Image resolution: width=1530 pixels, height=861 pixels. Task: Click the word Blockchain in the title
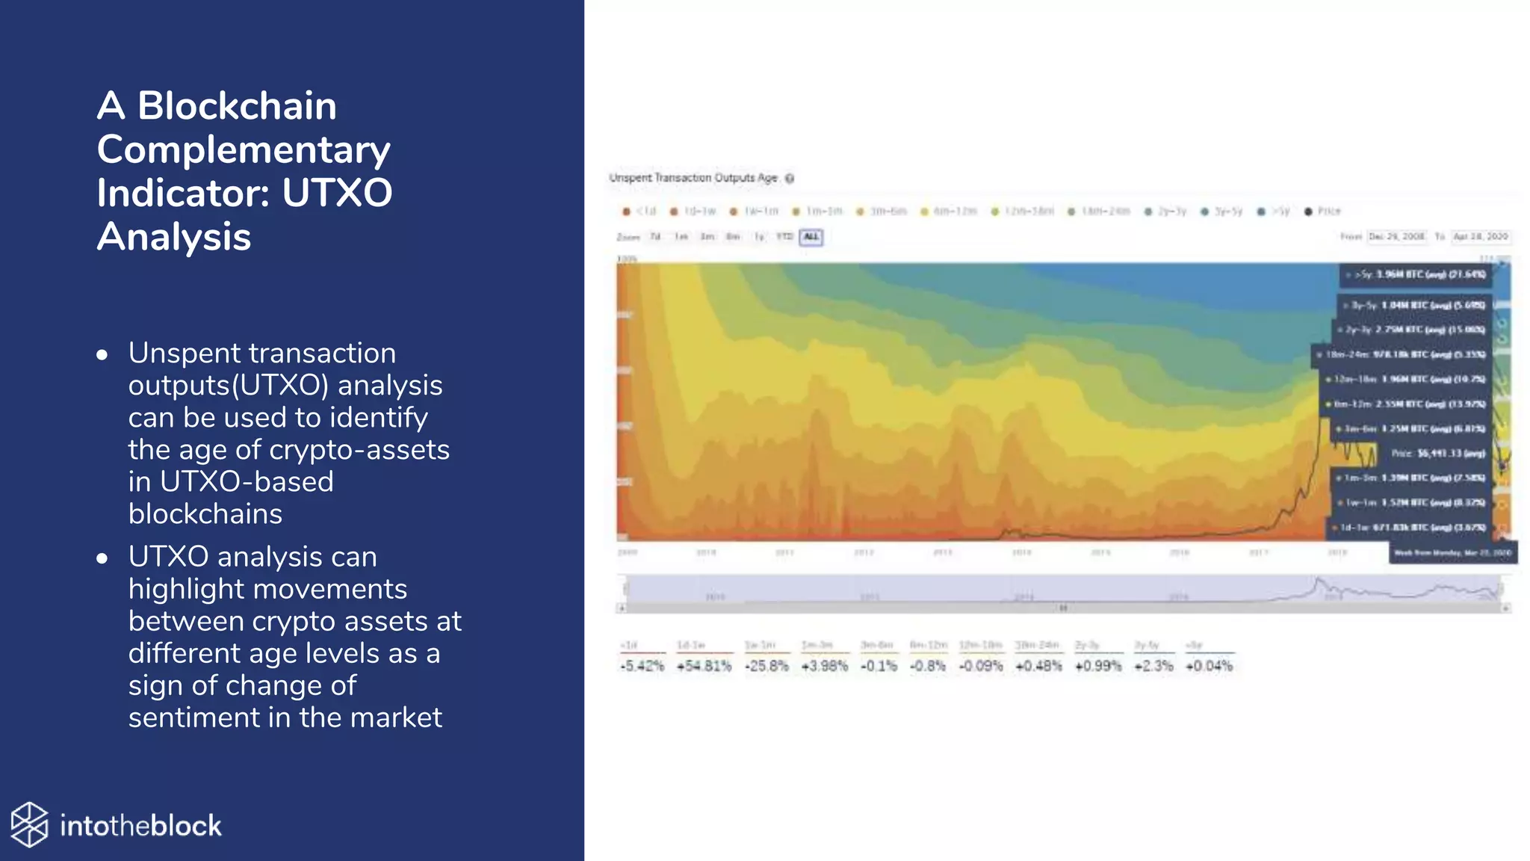pos(237,105)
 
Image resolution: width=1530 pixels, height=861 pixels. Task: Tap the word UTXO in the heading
pos(337,193)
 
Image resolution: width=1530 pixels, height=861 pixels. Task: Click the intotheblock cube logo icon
pos(30,824)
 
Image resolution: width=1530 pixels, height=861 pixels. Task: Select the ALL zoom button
pos(811,237)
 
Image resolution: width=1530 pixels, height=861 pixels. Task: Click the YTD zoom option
pos(784,237)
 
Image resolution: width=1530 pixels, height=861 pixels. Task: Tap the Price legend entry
pos(1323,212)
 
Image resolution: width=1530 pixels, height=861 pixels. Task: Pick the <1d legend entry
pos(640,212)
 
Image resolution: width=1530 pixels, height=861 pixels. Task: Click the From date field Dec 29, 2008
pos(1397,236)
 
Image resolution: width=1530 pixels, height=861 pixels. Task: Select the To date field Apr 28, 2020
pos(1481,236)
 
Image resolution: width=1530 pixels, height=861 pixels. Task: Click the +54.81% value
pos(704,666)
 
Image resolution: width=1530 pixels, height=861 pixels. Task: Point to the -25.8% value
pos(766,666)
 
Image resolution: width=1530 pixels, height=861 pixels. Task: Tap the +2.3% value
pos(1153,666)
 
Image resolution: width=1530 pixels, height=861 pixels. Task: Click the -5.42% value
pos(642,666)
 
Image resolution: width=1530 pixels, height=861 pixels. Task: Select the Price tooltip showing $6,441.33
pos(1436,453)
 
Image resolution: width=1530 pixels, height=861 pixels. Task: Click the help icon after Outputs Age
pos(790,179)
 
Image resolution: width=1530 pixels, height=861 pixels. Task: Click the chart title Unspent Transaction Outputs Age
pos(693,178)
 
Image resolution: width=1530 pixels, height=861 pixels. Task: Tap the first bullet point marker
pos(102,354)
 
